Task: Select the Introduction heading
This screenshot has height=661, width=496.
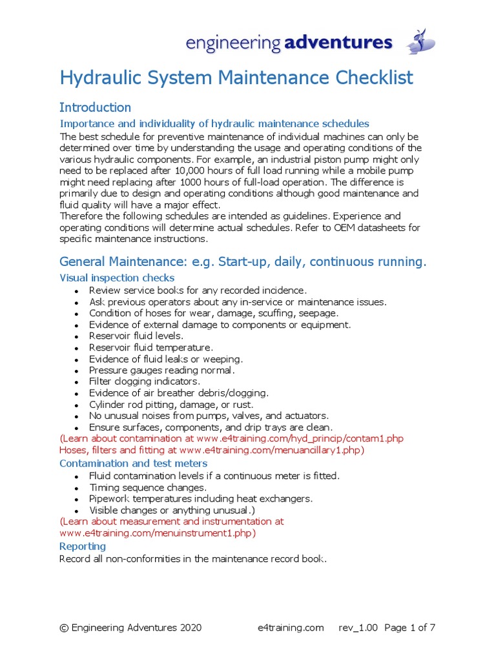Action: click(95, 107)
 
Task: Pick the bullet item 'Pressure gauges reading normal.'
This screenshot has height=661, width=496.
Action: click(161, 370)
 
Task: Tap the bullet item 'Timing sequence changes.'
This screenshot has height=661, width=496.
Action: click(148, 487)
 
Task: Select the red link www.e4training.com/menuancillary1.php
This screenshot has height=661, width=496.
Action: click(272, 450)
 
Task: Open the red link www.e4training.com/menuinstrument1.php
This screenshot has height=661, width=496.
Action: click(158, 533)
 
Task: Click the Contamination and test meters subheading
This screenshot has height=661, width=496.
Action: click(133, 463)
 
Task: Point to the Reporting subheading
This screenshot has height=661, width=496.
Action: click(82, 546)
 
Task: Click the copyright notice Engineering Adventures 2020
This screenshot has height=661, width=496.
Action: click(130, 627)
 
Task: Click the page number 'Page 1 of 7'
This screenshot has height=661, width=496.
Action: click(409, 627)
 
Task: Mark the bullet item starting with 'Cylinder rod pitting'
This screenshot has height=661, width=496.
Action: click(170, 404)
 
